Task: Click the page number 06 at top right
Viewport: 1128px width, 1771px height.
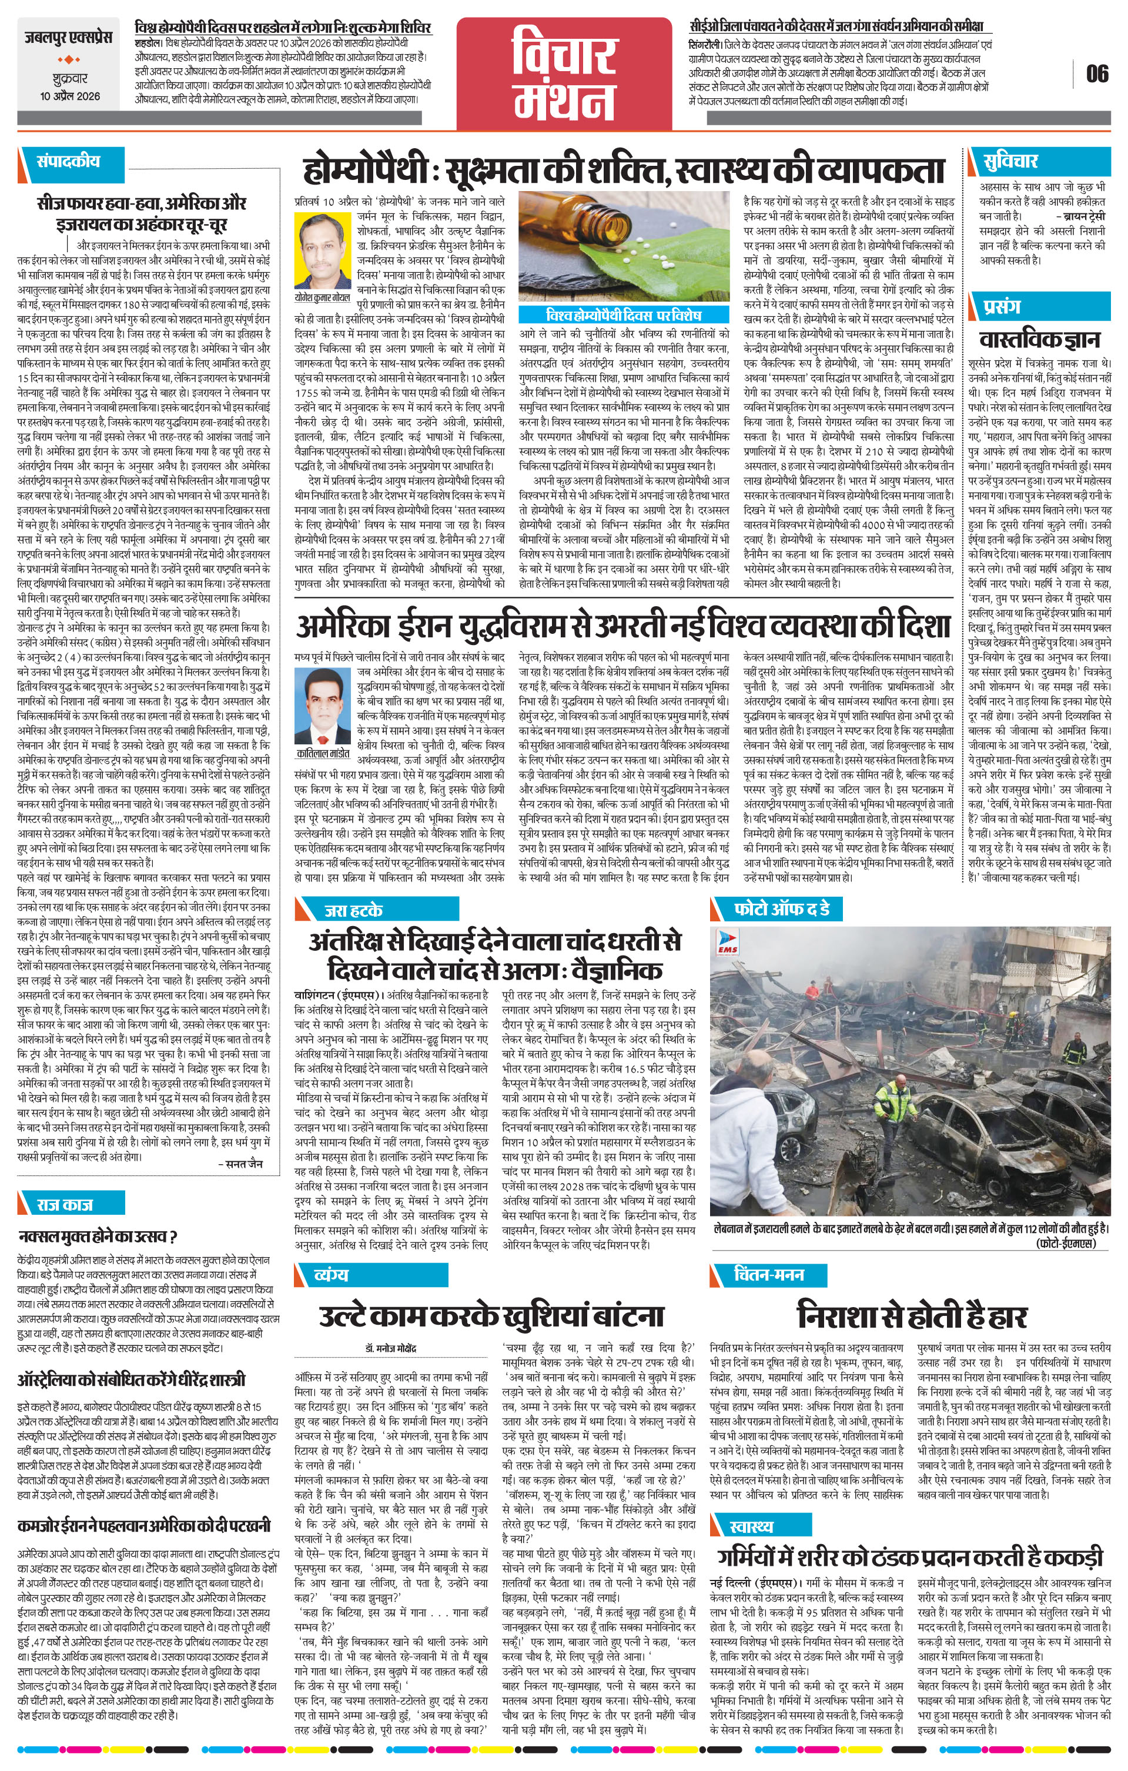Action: tap(1097, 73)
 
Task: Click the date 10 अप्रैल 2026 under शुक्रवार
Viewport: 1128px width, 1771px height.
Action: tap(71, 96)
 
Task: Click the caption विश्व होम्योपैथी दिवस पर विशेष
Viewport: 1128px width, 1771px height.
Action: tap(623, 315)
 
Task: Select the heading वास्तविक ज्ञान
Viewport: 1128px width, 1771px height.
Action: tap(1039, 339)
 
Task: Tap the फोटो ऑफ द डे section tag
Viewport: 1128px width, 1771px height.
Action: tap(782, 910)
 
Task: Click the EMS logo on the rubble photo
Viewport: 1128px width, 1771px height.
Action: tap(727, 942)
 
